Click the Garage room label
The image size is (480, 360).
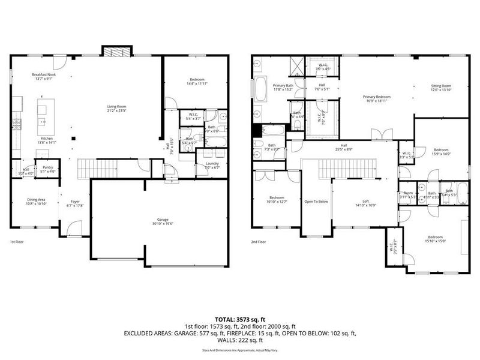coord(159,221)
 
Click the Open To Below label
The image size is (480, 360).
coord(316,202)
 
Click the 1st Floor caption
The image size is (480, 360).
coord(17,242)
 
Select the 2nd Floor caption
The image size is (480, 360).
coord(259,242)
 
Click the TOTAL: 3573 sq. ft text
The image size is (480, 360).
coord(239,319)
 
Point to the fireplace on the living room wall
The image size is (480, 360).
coord(112,52)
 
